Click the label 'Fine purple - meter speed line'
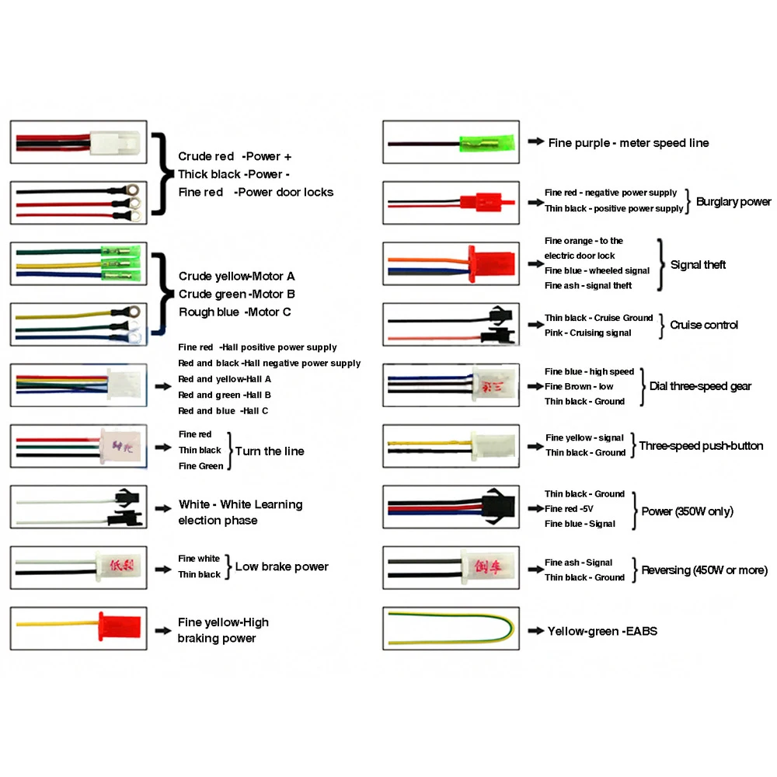[628, 143]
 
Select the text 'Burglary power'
[733, 202]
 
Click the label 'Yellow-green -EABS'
[602, 631]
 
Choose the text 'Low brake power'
[281, 566]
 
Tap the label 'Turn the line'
[269, 451]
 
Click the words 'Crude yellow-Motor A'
[236, 276]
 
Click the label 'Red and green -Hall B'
[224, 395]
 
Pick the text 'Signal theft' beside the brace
[698, 265]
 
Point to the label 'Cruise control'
[704, 325]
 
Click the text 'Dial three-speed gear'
[700, 386]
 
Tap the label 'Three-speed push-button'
[701, 446]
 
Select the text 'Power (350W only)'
[687, 511]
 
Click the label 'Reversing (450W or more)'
[704, 570]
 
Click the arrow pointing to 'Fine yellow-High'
[162, 629]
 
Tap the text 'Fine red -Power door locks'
[255, 192]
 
